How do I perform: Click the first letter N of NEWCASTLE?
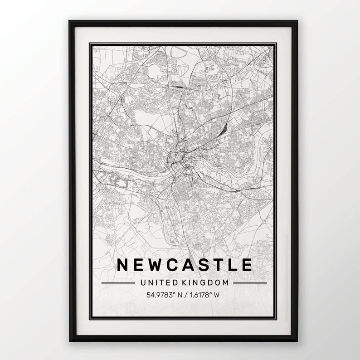point(123,264)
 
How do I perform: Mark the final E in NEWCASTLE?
point(247,264)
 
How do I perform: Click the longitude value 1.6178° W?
point(204,294)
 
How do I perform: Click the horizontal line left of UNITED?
point(118,283)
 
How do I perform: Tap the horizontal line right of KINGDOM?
point(250,283)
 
